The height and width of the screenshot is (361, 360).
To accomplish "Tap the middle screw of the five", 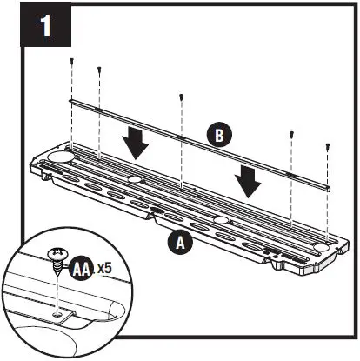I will [180, 97].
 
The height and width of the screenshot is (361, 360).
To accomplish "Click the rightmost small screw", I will [327, 148].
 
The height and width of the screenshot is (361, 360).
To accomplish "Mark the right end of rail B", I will [329, 186].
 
